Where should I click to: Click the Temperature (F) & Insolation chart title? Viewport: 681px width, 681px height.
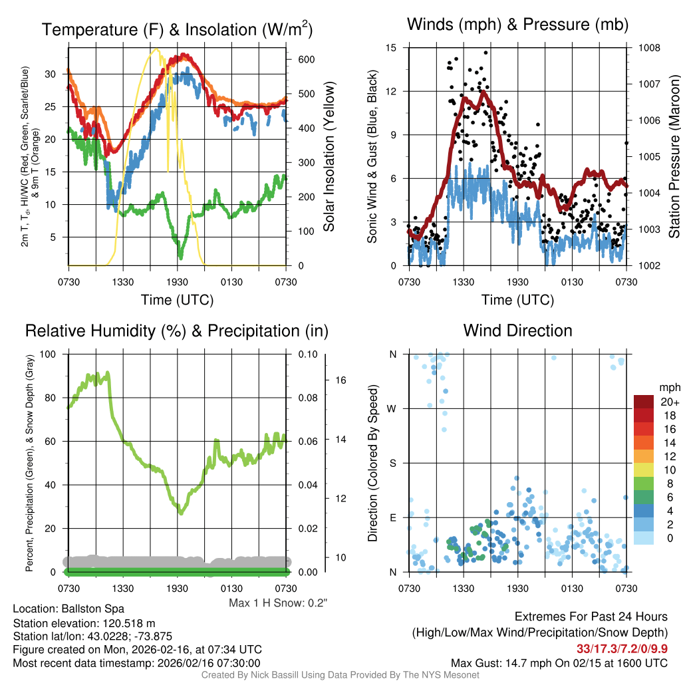coord(177,29)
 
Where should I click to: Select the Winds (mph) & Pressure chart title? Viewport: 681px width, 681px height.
coord(517,25)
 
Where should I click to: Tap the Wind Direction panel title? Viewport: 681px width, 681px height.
coord(517,331)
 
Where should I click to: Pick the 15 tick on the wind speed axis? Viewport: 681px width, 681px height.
coord(391,48)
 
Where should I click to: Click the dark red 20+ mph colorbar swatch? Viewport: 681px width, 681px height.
coord(644,402)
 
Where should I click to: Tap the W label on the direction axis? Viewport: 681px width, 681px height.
coord(392,408)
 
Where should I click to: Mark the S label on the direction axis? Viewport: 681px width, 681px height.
coord(393,463)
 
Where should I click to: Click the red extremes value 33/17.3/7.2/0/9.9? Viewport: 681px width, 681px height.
coord(622,648)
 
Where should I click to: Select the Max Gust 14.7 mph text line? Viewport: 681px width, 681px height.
coord(559,662)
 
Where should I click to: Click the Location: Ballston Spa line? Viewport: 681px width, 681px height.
coord(68,609)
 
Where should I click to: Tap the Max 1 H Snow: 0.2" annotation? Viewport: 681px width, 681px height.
coord(278,603)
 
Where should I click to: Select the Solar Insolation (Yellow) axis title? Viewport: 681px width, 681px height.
coord(329,156)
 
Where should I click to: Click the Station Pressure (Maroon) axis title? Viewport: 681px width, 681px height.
coord(673,156)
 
